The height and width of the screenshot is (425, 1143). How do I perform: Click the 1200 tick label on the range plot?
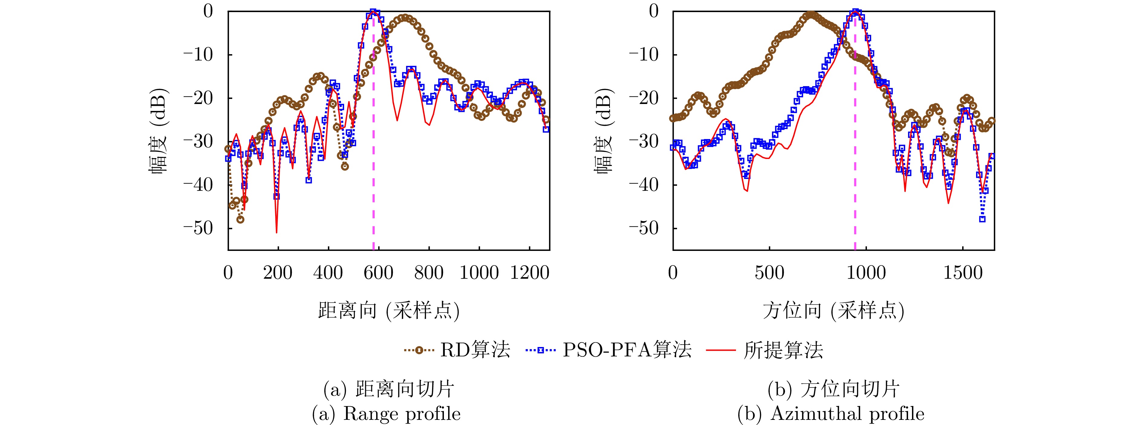pyautogui.click(x=530, y=272)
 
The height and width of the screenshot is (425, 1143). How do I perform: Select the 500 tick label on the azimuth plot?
pyautogui.click(x=769, y=272)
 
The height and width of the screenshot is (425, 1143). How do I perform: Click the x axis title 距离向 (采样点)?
pyautogui.click(x=389, y=310)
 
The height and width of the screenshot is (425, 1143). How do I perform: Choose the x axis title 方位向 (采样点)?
pyautogui.click(x=834, y=310)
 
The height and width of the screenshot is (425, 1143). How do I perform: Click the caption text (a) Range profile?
pyautogui.click(x=386, y=414)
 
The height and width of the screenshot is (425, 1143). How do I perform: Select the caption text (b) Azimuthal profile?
pyautogui.click(x=831, y=414)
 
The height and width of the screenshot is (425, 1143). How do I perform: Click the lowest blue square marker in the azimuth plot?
pyautogui.click(x=982, y=219)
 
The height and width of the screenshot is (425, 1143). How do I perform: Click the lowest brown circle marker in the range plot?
pyautogui.click(x=240, y=219)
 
